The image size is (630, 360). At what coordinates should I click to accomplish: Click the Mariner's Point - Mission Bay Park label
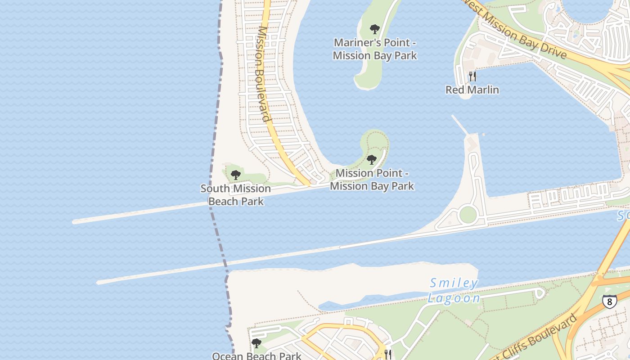[374, 49]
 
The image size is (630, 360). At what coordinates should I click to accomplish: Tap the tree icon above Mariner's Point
[374, 30]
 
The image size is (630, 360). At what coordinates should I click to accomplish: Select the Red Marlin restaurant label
[472, 90]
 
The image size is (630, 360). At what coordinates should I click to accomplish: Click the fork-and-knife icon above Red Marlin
[472, 76]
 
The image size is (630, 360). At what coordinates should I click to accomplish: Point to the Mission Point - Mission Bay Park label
[372, 179]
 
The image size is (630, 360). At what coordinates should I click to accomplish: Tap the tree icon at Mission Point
[371, 160]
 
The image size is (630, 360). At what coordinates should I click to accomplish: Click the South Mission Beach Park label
[236, 194]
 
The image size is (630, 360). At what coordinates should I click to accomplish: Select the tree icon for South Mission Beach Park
[235, 175]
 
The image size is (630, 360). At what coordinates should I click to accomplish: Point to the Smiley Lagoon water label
[454, 290]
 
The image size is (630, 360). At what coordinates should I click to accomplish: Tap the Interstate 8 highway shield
[609, 301]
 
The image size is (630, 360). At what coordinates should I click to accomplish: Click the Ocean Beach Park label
[256, 356]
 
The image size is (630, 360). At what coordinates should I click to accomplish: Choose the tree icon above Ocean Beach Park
[256, 343]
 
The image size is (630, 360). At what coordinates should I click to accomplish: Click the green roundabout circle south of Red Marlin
[468, 215]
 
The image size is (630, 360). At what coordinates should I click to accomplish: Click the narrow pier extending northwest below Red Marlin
[459, 125]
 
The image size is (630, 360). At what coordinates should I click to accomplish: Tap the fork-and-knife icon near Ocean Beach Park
[388, 354]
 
